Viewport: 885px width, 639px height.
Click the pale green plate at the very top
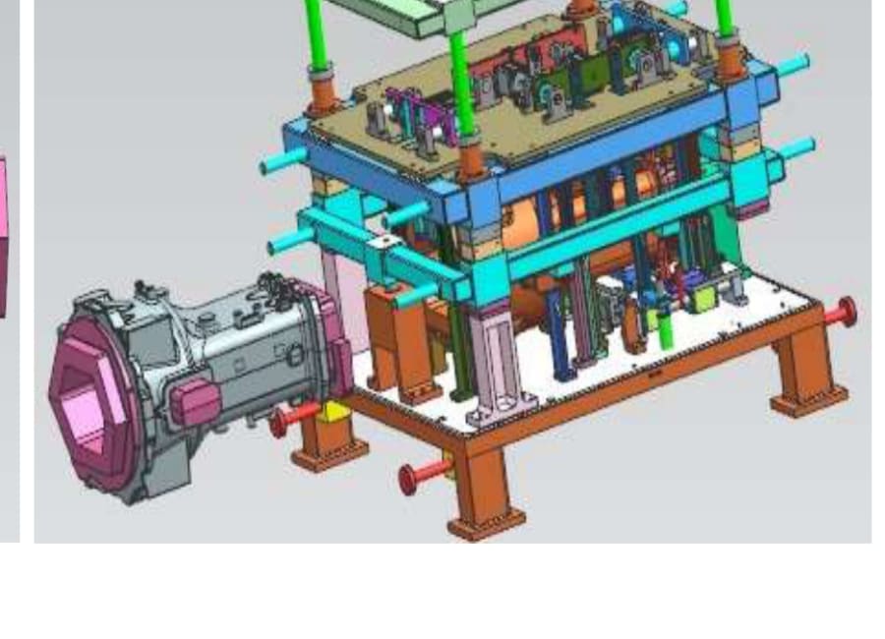[x=393, y=14]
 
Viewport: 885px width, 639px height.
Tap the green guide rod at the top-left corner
[x=316, y=29]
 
